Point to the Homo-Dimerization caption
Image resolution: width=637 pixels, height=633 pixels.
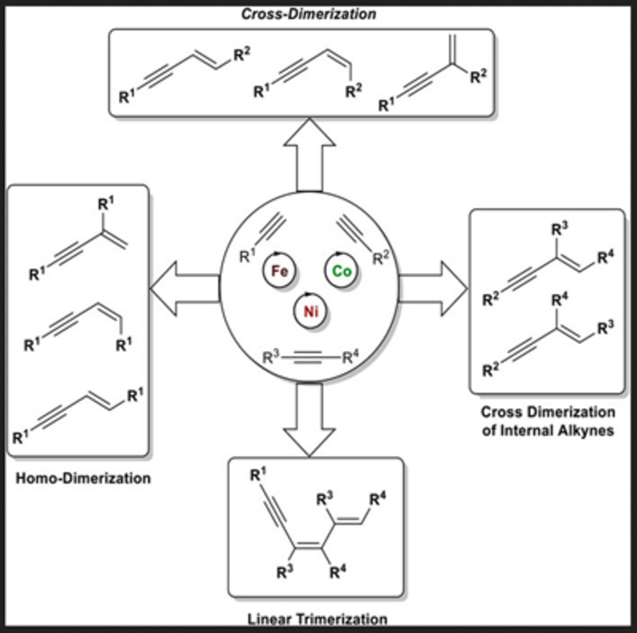click(83, 479)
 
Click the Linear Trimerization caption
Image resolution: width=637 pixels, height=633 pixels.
click(317, 620)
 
